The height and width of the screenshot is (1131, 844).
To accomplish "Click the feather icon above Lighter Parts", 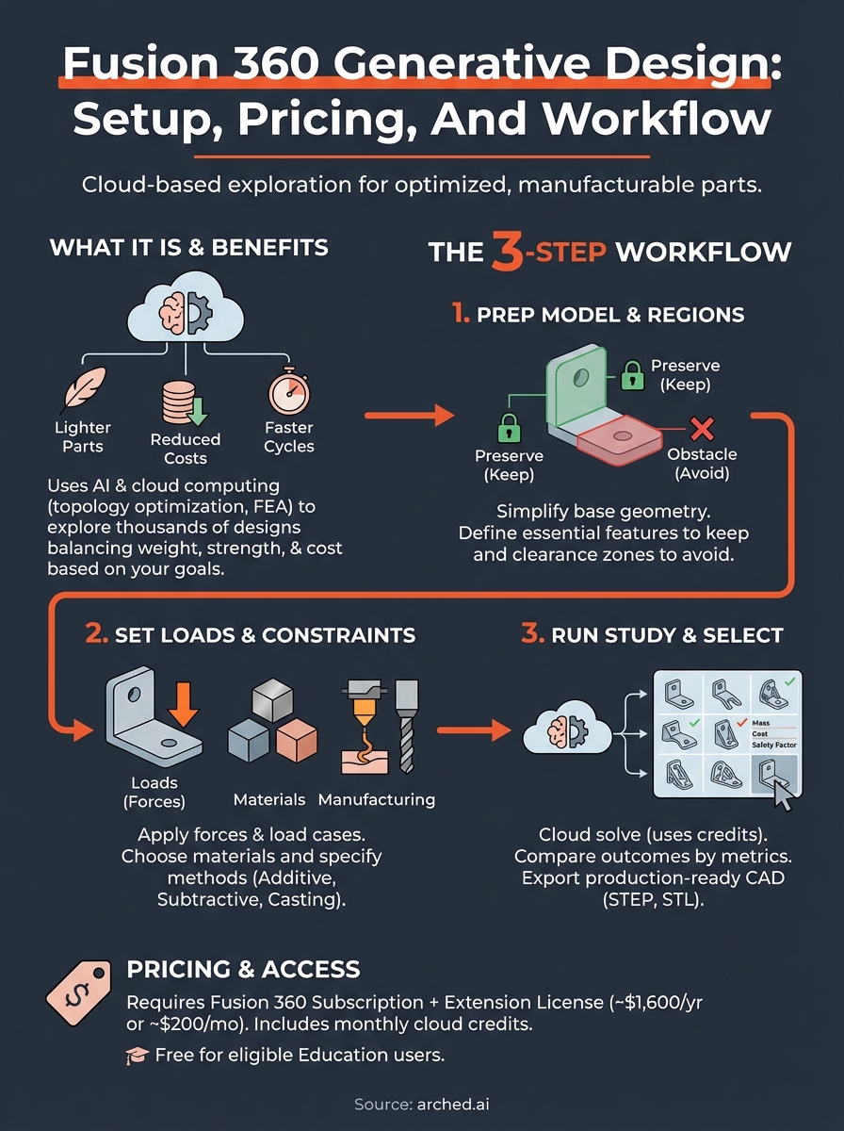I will point(82,388).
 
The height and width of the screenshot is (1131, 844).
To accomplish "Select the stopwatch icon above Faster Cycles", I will point(286,391).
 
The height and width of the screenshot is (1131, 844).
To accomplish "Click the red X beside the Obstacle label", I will point(702,430).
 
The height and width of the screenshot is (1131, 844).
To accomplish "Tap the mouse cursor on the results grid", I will point(782,794).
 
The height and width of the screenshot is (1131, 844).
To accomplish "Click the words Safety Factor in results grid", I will point(775,745).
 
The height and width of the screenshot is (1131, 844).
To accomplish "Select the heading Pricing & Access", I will point(243,969).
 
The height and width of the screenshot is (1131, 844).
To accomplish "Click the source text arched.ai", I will point(456,1104).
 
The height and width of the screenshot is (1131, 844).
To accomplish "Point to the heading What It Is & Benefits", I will point(188,248).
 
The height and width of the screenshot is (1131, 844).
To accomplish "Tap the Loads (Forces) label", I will point(154,792).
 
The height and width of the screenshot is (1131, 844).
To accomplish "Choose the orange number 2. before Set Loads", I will point(97,633).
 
